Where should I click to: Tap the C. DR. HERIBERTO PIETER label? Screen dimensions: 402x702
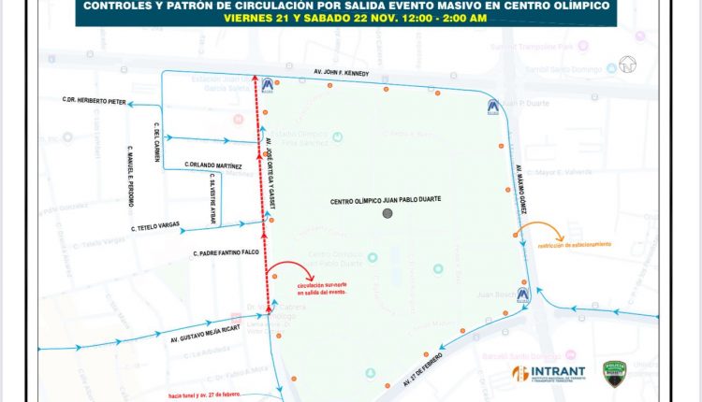point(94,101)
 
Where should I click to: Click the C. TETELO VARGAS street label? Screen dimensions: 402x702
point(156,227)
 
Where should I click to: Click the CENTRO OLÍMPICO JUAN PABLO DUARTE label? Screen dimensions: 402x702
point(386,200)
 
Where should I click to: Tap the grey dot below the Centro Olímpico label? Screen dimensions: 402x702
point(388,214)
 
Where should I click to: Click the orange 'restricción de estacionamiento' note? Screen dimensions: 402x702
point(574,244)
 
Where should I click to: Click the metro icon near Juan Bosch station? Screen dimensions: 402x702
point(522,295)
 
